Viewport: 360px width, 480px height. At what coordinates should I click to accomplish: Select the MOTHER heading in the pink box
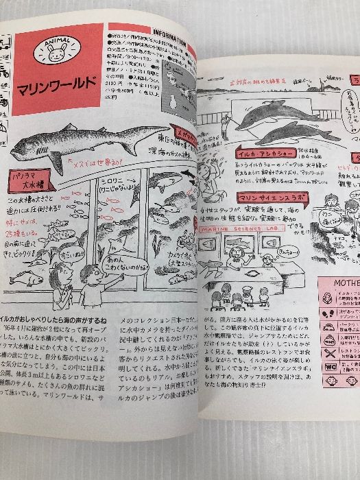coord(339,283)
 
